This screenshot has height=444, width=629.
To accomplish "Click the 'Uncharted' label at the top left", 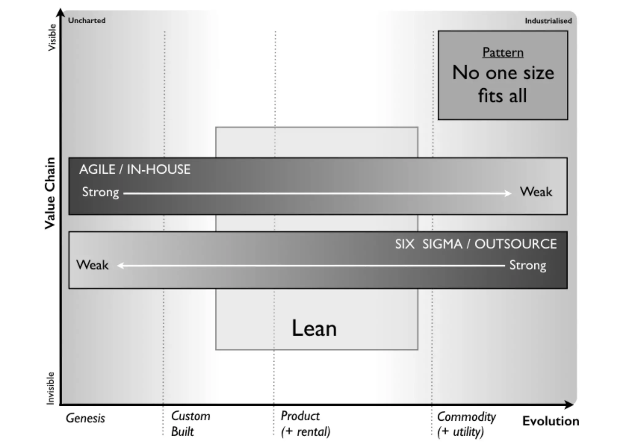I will tap(87, 21).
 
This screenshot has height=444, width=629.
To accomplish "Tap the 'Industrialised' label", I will tap(548, 21).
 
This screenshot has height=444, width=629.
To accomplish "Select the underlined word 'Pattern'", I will tap(503, 52).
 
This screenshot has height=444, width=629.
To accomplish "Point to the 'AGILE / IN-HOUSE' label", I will tap(135, 170).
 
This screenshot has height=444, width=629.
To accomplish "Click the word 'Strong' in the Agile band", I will tap(100, 192).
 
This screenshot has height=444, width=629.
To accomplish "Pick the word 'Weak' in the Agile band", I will tap(536, 192).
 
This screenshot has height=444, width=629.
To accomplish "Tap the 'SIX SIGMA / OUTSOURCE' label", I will tap(476, 244).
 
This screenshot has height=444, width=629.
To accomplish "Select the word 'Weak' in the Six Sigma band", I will tap(92, 265).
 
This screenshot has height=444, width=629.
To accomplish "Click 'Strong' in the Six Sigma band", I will tap(528, 265).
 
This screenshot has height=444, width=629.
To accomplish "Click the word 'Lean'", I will tap(314, 328).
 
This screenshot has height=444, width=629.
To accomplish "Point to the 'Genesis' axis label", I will tap(85, 418).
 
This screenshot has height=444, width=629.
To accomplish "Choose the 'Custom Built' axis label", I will tap(190, 424).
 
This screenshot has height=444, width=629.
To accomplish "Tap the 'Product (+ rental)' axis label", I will tap(305, 424).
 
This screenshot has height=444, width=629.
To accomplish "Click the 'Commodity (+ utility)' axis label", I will tap(466, 424).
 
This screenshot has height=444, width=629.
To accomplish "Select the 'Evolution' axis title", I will tap(551, 421).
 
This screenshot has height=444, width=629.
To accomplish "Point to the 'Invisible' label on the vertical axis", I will tap(50, 388).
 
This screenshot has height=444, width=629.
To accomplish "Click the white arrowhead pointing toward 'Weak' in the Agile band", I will tap(508, 193).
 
